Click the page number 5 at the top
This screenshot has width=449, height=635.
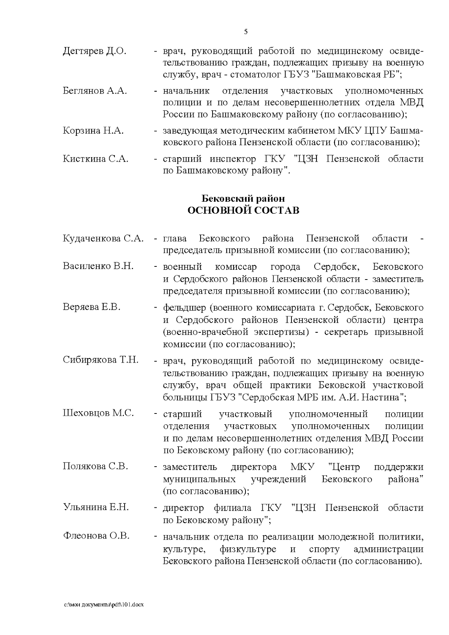(x=246, y=32)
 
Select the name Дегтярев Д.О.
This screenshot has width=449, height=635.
(x=95, y=51)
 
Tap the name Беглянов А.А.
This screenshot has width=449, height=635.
(x=95, y=91)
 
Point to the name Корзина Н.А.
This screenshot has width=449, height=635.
(x=93, y=131)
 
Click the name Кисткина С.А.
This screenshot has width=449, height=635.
(x=95, y=159)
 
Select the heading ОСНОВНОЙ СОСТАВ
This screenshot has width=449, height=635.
(x=243, y=210)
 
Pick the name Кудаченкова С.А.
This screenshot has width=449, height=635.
(x=103, y=238)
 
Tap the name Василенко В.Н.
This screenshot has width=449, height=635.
(x=98, y=266)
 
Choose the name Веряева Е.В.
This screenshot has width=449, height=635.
(x=92, y=307)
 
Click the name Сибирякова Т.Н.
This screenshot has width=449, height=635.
(x=101, y=360)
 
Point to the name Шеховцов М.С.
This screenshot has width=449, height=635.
(x=98, y=413)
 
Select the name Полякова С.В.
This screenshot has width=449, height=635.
(x=95, y=467)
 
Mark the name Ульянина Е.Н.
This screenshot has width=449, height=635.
(x=96, y=507)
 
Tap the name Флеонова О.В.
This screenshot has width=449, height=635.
(x=96, y=536)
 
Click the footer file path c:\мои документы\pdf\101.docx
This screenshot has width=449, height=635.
(x=104, y=604)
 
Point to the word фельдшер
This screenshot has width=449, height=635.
(x=184, y=308)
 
